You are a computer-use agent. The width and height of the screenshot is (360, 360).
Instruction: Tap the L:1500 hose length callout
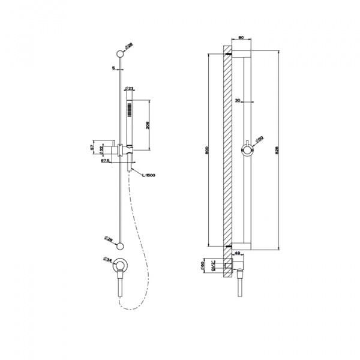click(x=149, y=175)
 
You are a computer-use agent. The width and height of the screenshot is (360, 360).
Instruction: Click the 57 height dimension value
click(x=91, y=147)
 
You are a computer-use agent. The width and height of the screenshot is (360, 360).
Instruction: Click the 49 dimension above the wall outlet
click(x=238, y=253)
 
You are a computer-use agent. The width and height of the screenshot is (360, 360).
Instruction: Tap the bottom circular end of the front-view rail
click(x=122, y=245)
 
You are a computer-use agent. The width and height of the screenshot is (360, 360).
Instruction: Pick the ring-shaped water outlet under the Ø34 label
click(x=121, y=265)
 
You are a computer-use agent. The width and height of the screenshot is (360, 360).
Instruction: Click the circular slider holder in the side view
click(x=246, y=148)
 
